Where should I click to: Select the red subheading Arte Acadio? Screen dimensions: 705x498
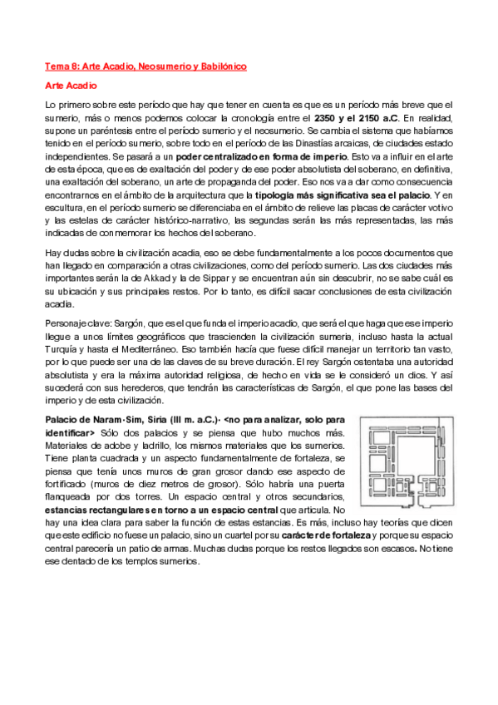71,86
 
